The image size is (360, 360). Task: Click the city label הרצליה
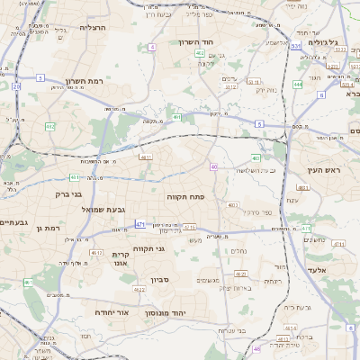pos(93,28)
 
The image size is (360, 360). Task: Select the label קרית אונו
pos(122,258)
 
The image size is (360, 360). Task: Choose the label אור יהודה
pos(113,312)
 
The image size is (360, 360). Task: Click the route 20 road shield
pos(16,86)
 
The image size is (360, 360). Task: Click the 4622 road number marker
pos(139,289)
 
